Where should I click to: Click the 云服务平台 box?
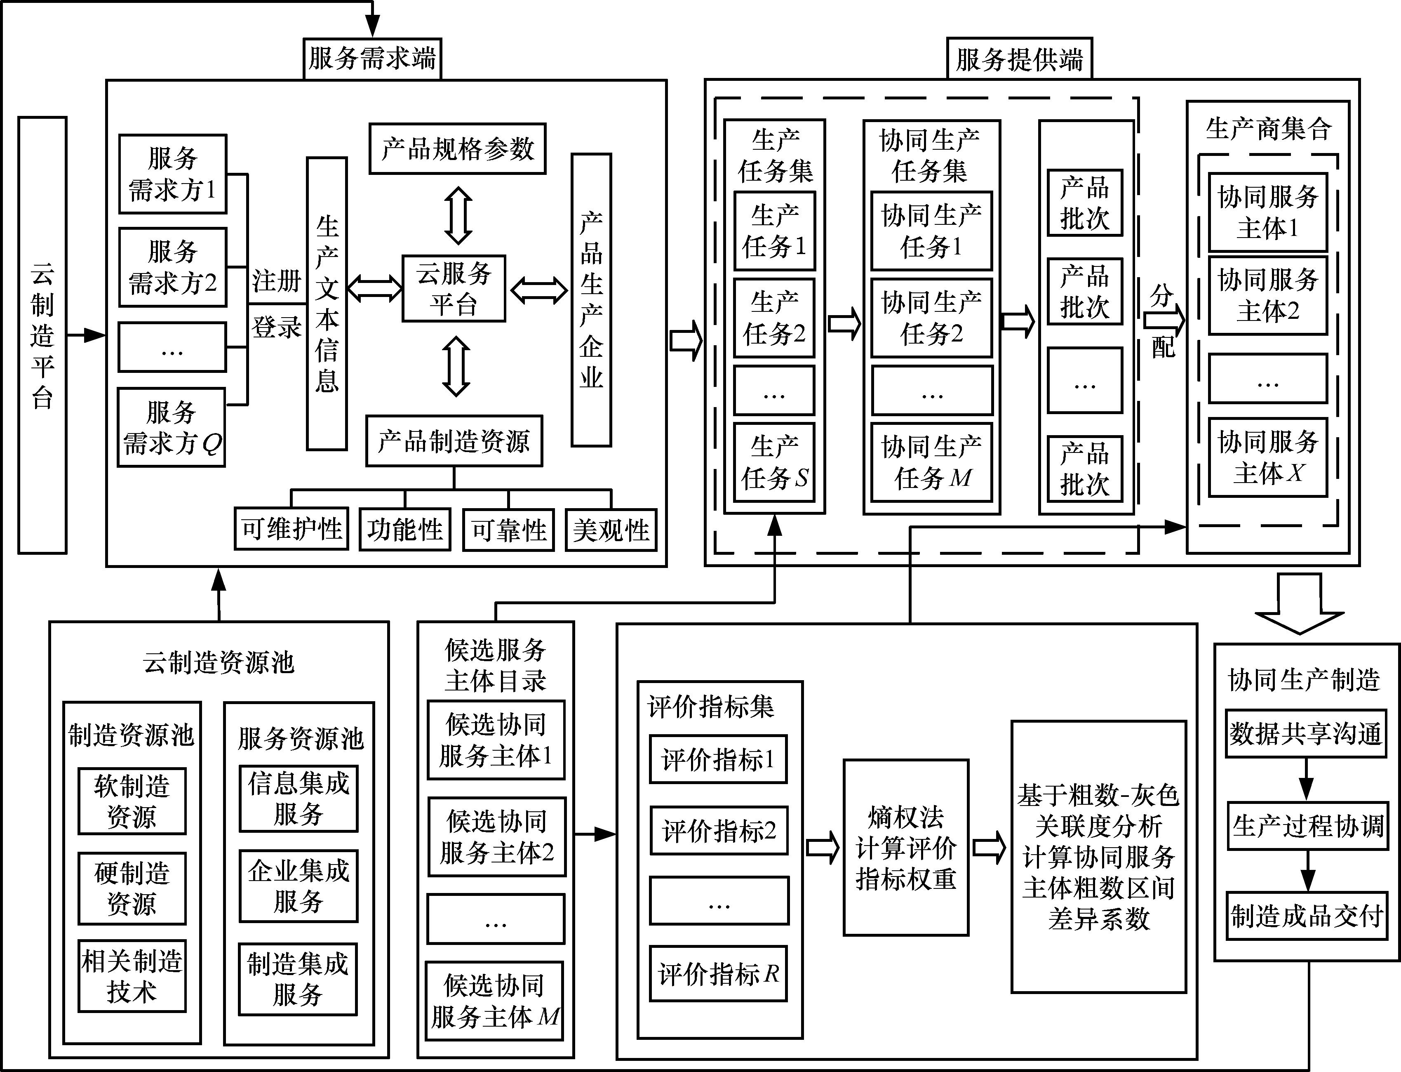click(x=454, y=288)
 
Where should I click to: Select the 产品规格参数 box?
click(x=457, y=148)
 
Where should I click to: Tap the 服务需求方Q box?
click(x=172, y=428)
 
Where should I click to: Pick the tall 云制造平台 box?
click(x=42, y=335)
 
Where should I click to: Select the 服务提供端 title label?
click(x=1019, y=59)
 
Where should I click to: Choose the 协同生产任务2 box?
click(x=931, y=318)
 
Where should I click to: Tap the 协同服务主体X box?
click(x=1267, y=457)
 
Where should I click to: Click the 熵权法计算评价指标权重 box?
click(x=905, y=847)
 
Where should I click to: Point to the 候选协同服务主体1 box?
click(x=496, y=740)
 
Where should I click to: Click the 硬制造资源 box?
click(x=132, y=888)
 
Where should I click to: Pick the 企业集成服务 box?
click(x=299, y=886)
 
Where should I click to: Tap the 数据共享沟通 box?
click(x=1305, y=734)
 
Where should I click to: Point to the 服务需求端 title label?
click(x=372, y=59)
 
